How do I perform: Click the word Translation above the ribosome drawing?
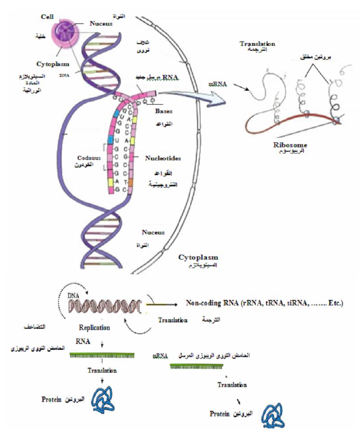coord(257,44)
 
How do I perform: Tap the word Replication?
coord(94,328)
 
